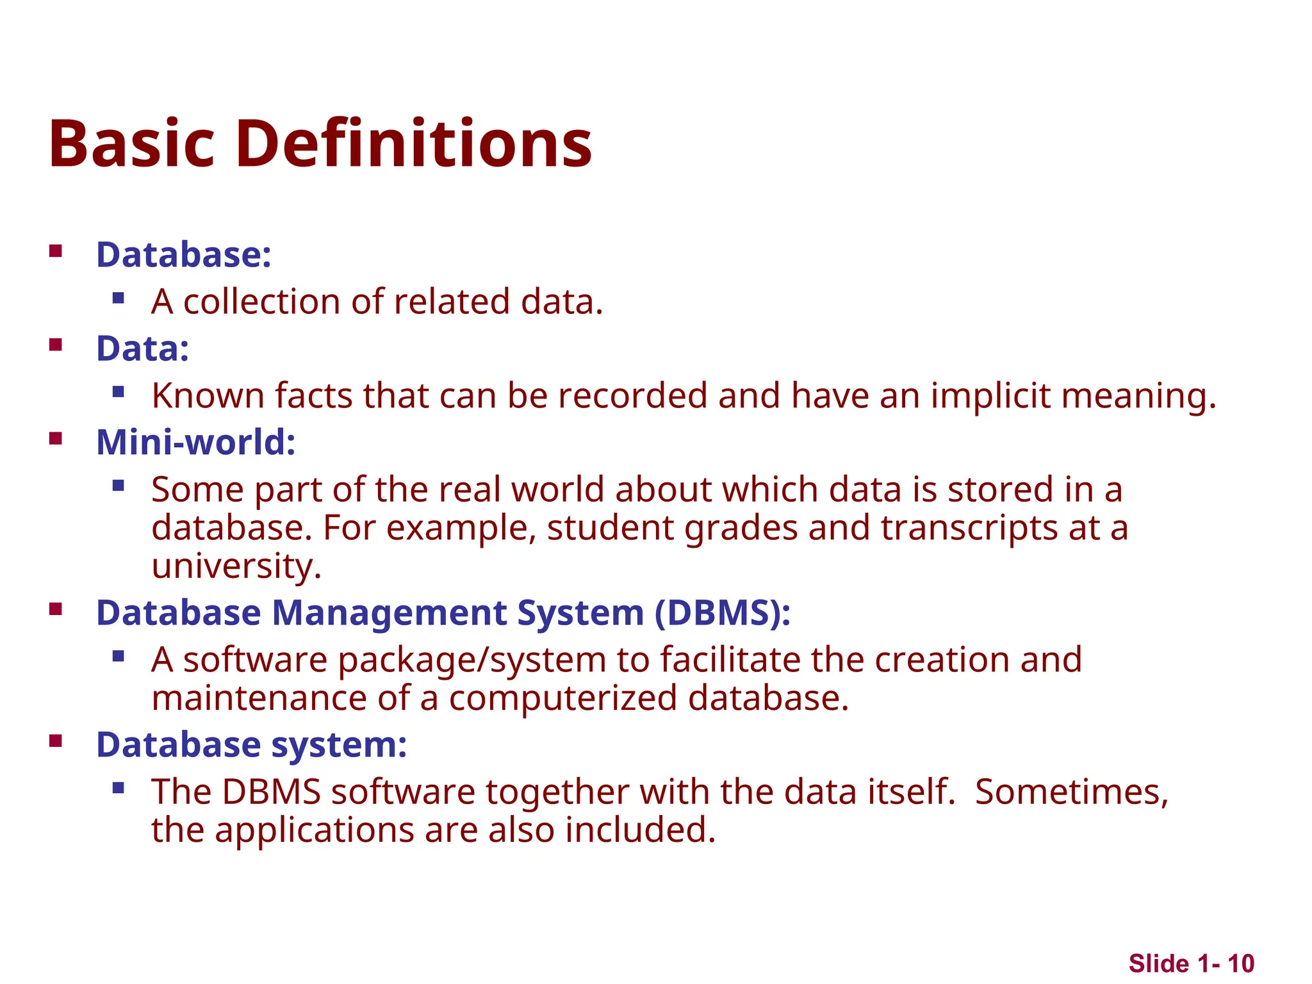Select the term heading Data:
pos(142,348)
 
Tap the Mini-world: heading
pos(195,442)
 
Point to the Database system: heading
pos(251,744)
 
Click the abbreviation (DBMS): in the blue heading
pos(723,612)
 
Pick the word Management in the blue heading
pos(389,612)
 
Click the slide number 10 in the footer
pos(1241,963)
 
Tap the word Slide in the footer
pos(1158,963)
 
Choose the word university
pos(236,566)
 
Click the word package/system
pos(472,660)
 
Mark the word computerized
pos(562,698)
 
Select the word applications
pos(314,830)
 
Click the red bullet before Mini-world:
pos(56,439)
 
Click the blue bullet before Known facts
pos(118,391)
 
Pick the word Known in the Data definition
pos(208,395)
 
